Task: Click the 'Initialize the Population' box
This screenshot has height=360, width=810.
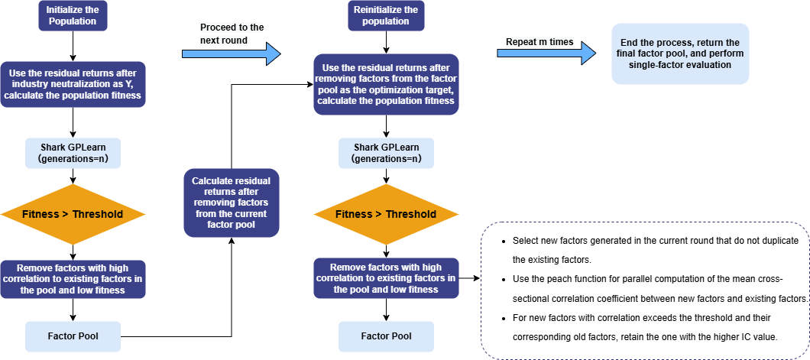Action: pyautogui.click(x=73, y=15)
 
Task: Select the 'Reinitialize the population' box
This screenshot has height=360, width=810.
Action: pyautogui.click(x=386, y=15)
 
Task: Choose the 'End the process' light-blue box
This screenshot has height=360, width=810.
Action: pyautogui.click(x=679, y=54)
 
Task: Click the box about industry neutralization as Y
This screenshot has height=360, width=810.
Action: pyautogui.click(x=73, y=84)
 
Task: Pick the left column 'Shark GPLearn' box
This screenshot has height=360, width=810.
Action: pyautogui.click(x=73, y=154)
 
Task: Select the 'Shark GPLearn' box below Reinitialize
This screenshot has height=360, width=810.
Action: pyautogui.click(x=386, y=154)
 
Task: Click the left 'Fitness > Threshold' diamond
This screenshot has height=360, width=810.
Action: pyautogui.click(x=73, y=214)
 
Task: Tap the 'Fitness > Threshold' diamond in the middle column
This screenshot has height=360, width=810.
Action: pyautogui.click(x=386, y=214)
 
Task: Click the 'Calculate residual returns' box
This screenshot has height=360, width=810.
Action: pyautogui.click(x=232, y=202)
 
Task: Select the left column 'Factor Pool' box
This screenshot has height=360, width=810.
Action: pyautogui.click(x=73, y=336)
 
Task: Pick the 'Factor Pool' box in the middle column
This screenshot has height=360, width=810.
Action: pyautogui.click(x=386, y=336)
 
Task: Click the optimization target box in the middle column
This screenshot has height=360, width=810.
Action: pyautogui.click(x=386, y=84)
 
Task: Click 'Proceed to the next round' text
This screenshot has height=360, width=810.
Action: pyautogui.click(x=232, y=33)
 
